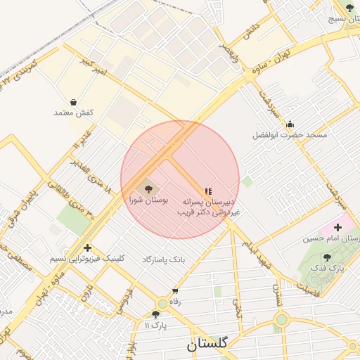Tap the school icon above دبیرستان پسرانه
click(x=207, y=191)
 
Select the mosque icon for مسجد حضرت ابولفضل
click(x=290, y=124)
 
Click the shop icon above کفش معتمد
click(x=74, y=102)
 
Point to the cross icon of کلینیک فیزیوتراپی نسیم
click(x=86, y=247)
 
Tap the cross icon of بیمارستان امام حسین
click(x=337, y=227)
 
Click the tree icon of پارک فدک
click(x=327, y=257)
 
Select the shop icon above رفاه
click(x=175, y=290)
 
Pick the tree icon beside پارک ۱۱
click(x=155, y=314)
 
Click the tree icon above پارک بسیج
click(x=349, y=8)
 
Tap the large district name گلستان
click(x=207, y=345)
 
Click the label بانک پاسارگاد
click(x=163, y=259)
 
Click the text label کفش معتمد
click(x=74, y=112)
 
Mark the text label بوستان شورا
click(x=149, y=200)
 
